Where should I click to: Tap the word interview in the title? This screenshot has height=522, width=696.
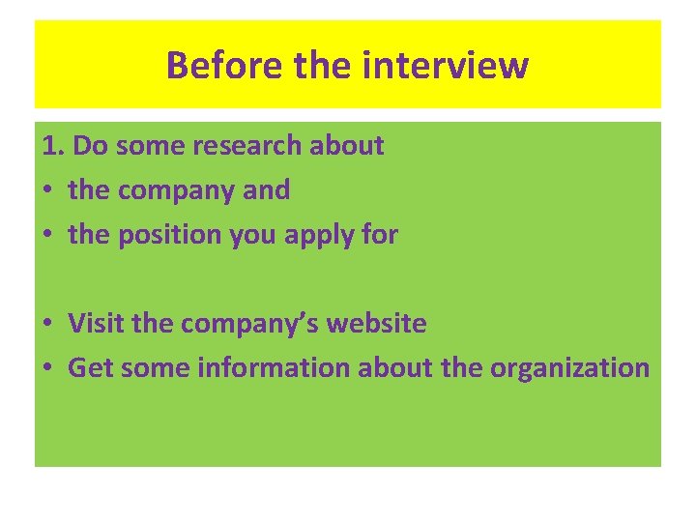pos(446,66)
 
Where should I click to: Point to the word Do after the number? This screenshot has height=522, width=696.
pos(90,146)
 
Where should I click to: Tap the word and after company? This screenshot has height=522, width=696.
pos(266,190)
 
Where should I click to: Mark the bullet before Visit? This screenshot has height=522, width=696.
pos(48,324)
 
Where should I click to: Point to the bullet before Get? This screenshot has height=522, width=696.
pos(48,368)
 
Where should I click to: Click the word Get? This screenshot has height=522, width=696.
pos(88,368)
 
